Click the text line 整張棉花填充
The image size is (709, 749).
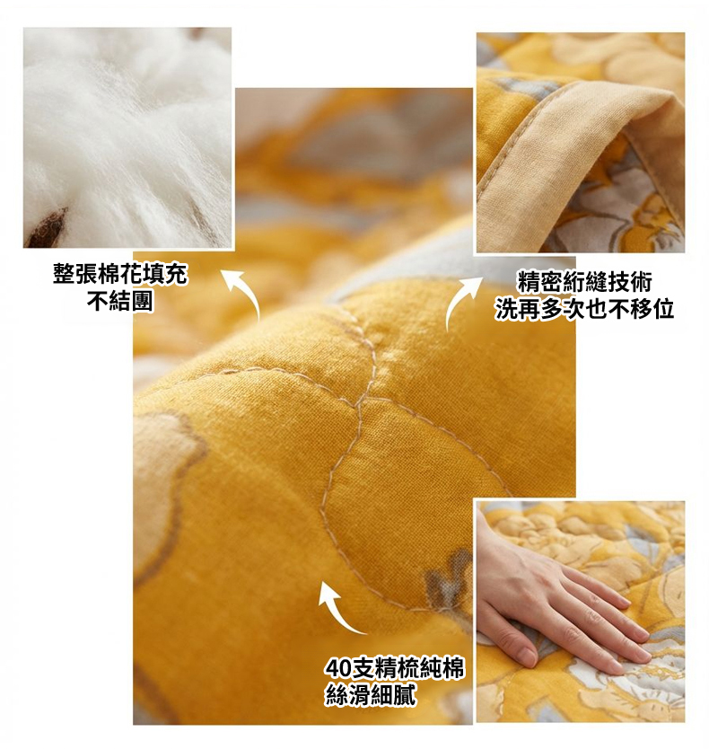click(x=120, y=275)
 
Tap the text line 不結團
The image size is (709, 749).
click(x=120, y=301)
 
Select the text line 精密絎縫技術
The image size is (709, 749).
click(x=584, y=282)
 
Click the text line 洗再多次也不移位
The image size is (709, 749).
click(x=584, y=309)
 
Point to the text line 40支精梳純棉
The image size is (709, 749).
click(x=394, y=668)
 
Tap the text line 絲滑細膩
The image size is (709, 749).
click(x=370, y=695)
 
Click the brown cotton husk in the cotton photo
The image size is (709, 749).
click(x=48, y=229)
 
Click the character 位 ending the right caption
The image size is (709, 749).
click(x=662, y=309)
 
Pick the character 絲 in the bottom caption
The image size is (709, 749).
click(x=337, y=695)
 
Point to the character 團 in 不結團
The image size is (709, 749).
click(x=143, y=301)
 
